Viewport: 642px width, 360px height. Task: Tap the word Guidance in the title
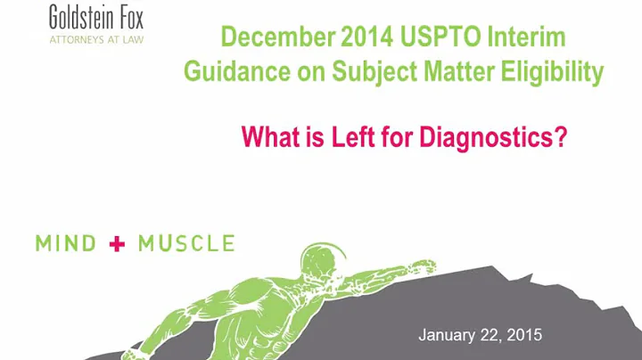230,72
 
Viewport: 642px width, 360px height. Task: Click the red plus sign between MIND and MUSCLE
115,242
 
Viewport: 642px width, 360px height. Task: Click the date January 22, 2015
480,335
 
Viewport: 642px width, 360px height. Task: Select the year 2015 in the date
523,335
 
